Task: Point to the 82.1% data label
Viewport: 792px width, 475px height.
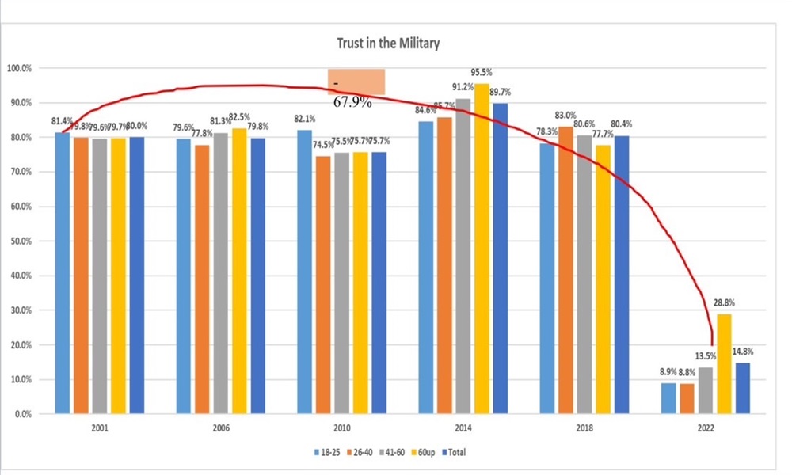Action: coord(305,120)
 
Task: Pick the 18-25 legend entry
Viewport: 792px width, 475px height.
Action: coord(323,452)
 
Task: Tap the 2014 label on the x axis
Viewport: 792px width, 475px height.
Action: coord(463,428)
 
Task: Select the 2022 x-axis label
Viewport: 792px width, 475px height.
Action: coord(705,428)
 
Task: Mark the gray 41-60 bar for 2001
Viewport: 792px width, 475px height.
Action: coord(100,276)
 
